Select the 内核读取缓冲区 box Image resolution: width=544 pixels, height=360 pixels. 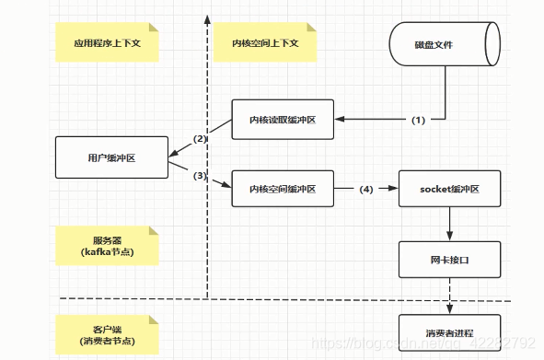pyautogui.click(x=282, y=120)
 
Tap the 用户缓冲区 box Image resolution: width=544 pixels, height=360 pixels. pyautogui.click(x=110, y=157)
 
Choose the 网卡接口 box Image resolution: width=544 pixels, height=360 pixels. pyautogui.click(x=449, y=259)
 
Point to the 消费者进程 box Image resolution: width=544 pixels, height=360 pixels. pyautogui.click(x=449, y=331)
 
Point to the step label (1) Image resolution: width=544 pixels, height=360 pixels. pyautogui.click(x=419, y=120)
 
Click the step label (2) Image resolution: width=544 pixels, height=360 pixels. pyautogui.click(x=200, y=139)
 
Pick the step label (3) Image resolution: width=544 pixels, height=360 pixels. pyautogui.click(x=200, y=176)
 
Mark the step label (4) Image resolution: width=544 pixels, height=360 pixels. pyautogui.click(x=365, y=189)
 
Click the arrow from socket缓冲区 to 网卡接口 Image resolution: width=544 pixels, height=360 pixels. pyautogui.click(x=449, y=223)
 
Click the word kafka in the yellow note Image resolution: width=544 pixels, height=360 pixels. pyautogui.click(x=100, y=251)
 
